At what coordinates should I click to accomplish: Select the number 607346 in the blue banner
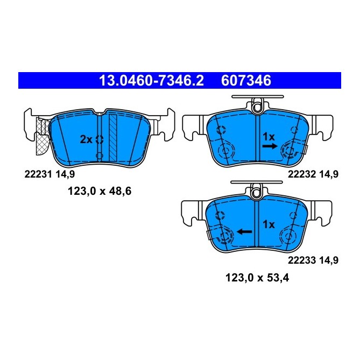coord(245,81)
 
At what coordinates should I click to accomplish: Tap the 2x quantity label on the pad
coord(86,139)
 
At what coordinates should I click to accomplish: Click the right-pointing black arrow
coord(270,145)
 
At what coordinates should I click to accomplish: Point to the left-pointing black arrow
coord(245,231)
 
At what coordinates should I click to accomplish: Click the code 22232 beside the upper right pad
coord(301,174)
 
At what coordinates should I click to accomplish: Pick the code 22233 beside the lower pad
coord(301,260)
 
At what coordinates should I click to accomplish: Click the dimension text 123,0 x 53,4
coord(256,278)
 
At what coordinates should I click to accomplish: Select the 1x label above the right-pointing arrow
coord(269,137)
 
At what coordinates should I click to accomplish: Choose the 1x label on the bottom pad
coord(269,224)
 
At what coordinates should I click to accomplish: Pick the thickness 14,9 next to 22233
coord(328,260)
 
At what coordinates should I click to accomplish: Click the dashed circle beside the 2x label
coord(99,139)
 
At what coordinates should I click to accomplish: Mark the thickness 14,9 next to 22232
coord(328,174)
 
